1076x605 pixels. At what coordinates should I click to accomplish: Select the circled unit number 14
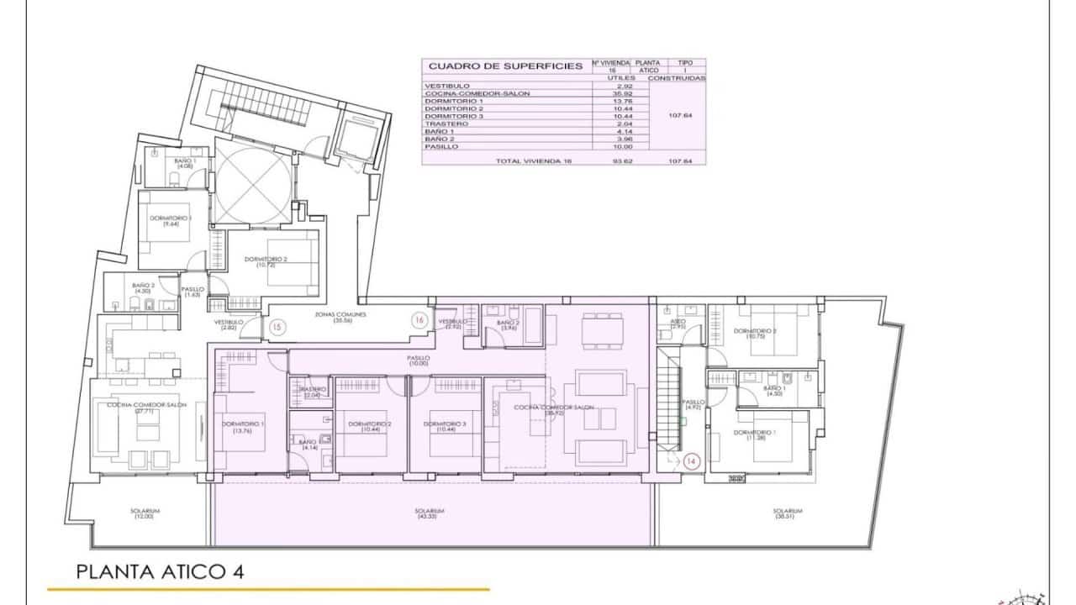pos(692,460)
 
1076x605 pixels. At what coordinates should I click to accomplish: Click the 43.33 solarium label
pos(429,513)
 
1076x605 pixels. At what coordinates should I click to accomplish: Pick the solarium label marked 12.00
pos(145,513)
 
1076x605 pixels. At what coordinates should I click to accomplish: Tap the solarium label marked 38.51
pos(788,513)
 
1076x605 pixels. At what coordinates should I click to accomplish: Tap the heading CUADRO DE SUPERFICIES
pos(505,66)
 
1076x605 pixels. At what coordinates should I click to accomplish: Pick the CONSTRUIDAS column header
pos(683,77)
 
